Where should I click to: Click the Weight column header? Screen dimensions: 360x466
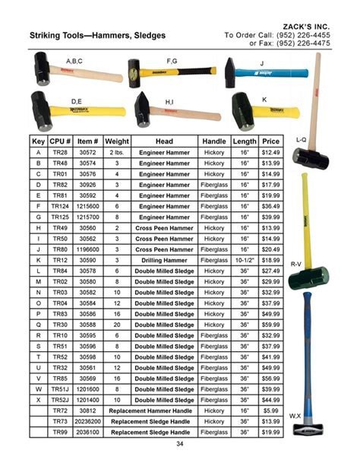point(117,141)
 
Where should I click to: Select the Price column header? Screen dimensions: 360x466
point(270,141)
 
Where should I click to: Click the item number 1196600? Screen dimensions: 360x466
point(88,249)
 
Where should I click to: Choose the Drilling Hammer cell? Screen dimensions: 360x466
point(164,259)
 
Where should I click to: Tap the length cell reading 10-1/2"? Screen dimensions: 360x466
point(245,259)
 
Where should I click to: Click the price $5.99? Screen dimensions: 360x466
point(270,410)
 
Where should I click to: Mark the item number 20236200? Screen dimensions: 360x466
point(88,420)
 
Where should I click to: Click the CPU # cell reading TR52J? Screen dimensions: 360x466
point(60,399)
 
